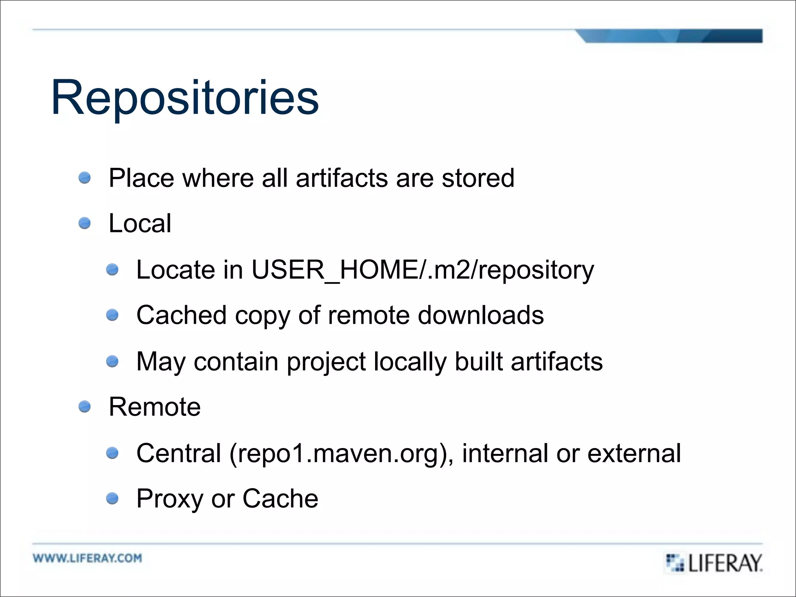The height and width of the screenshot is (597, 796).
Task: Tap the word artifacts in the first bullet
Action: (x=342, y=178)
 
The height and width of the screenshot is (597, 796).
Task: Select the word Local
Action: (x=140, y=223)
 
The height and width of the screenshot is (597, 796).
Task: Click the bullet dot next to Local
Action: (x=84, y=223)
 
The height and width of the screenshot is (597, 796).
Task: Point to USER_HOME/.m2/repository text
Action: (x=422, y=270)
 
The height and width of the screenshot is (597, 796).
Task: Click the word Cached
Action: (x=181, y=315)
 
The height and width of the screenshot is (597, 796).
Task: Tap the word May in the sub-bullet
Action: (x=161, y=362)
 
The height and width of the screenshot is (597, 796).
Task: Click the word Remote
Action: (x=155, y=407)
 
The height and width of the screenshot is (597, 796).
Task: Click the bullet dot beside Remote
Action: (x=84, y=407)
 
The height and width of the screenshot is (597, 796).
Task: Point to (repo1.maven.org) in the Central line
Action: (x=341, y=454)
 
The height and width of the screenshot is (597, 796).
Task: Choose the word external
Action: (x=634, y=454)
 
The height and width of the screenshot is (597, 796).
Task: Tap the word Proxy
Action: (x=169, y=499)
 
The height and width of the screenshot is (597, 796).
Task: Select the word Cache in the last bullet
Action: (x=280, y=499)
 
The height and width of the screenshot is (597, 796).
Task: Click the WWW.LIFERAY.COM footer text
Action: (x=87, y=558)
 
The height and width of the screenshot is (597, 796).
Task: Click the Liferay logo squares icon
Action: (x=675, y=562)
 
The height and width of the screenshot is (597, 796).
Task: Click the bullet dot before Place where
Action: (x=84, y=178)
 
